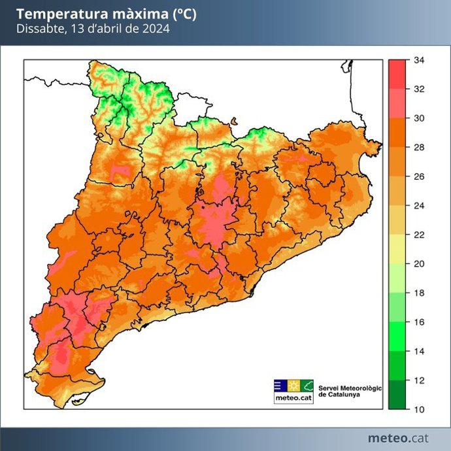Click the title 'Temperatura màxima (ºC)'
[x=105, y=14]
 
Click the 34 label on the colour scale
[x=420, y=60]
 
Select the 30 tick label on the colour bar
[x=420, y=118]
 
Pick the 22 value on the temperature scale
[x=420, y=235]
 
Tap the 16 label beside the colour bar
[x=420, y=322]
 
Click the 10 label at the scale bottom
[x=420, y=409]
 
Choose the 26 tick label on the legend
[x=420, y=176]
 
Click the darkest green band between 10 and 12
[x=396, y=395]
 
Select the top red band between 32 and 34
[x=396, y=75]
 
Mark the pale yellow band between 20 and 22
[x=396, y=249]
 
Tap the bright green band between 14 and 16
[x=396, y=337]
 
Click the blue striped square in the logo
[x=279, y=386]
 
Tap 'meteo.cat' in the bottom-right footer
[x=398, y=437]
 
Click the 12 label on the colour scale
[x=420, y=380]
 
